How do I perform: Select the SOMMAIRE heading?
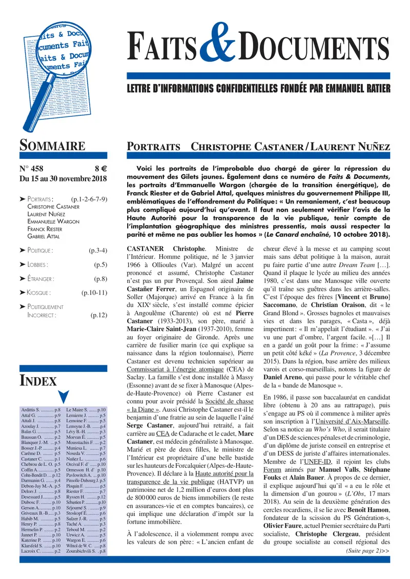(52, 146)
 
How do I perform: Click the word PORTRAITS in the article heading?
(153, 146)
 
